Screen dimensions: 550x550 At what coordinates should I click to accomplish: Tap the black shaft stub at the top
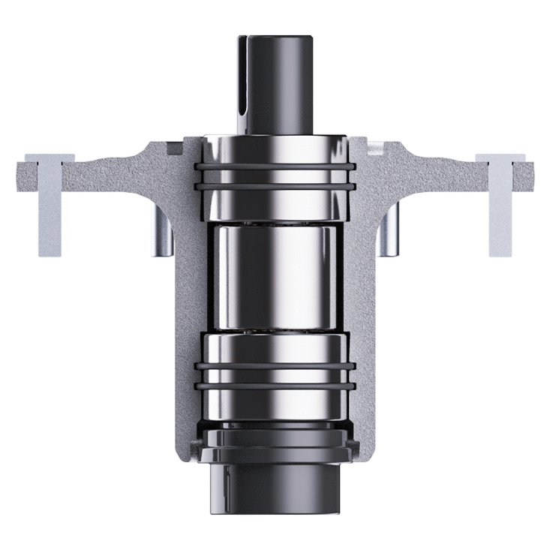281,83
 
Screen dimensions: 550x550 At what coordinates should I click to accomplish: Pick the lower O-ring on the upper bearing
274,184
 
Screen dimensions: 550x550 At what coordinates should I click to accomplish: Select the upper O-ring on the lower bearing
274,366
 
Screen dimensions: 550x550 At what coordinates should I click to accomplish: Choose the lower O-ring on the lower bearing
274,386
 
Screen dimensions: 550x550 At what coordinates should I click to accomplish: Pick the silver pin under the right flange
389,229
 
